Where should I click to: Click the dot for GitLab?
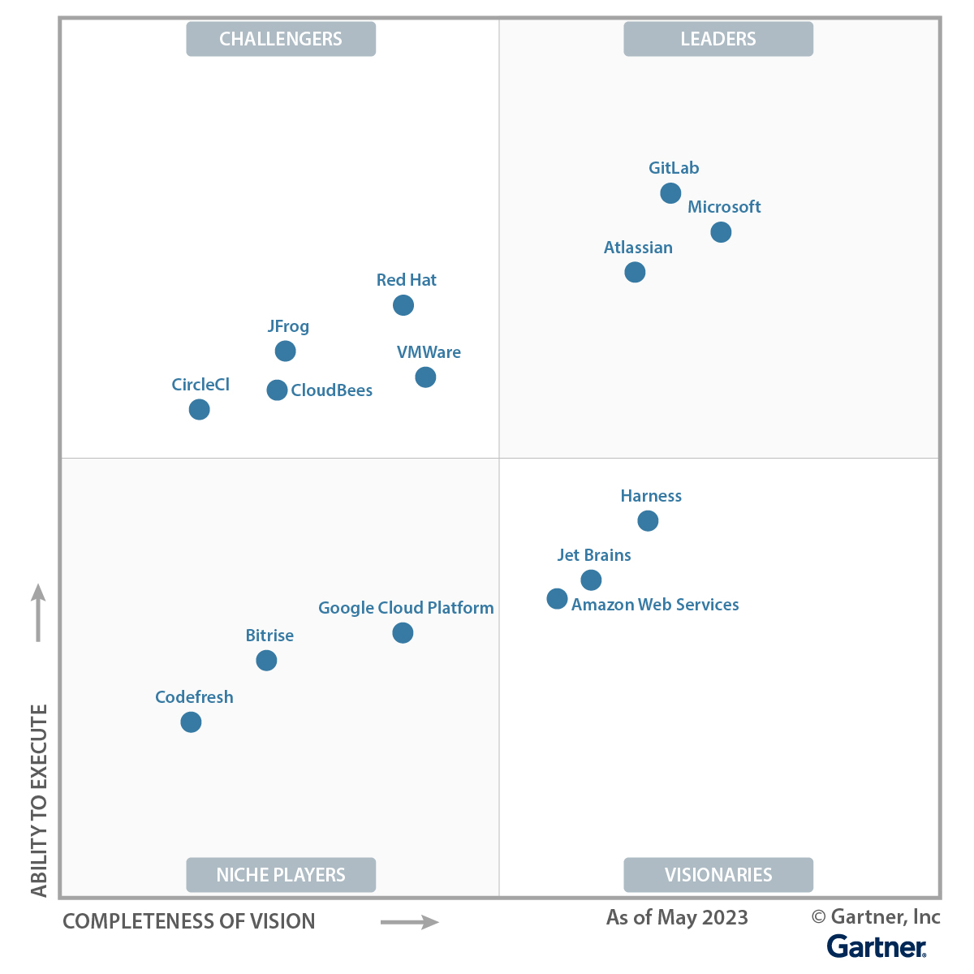click(x=670, y=193)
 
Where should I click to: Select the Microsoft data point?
click(x=721, y=232)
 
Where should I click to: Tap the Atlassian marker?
click(x=635, y=272)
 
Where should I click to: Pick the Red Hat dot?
click(x=403, y=305)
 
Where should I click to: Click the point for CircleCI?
click(x=199, y=409)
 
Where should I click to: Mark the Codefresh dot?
click(x=191, y=722)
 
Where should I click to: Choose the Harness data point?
click(x=648, y=521)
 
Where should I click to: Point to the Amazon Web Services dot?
click(x=557, y=599)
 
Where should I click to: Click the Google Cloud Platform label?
click(x=406, y=608)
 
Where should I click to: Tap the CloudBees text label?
click(x=331, y=390)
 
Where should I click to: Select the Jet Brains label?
click(x=594, y=555)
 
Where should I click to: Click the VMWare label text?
click(x=429, y=352)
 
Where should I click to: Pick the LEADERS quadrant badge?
click(x=718, y=39)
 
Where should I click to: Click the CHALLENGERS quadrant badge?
click(x=281, y=39)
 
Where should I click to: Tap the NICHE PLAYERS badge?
click(x=281, y=875)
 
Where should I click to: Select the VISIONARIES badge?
click(x=718, y=875)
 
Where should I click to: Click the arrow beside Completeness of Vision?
click(x=410, y=922)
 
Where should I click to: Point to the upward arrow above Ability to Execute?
click(x=38, y=613)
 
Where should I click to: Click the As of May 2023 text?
click(x=677, y=917)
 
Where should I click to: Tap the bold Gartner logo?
click(x=877, y=946)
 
